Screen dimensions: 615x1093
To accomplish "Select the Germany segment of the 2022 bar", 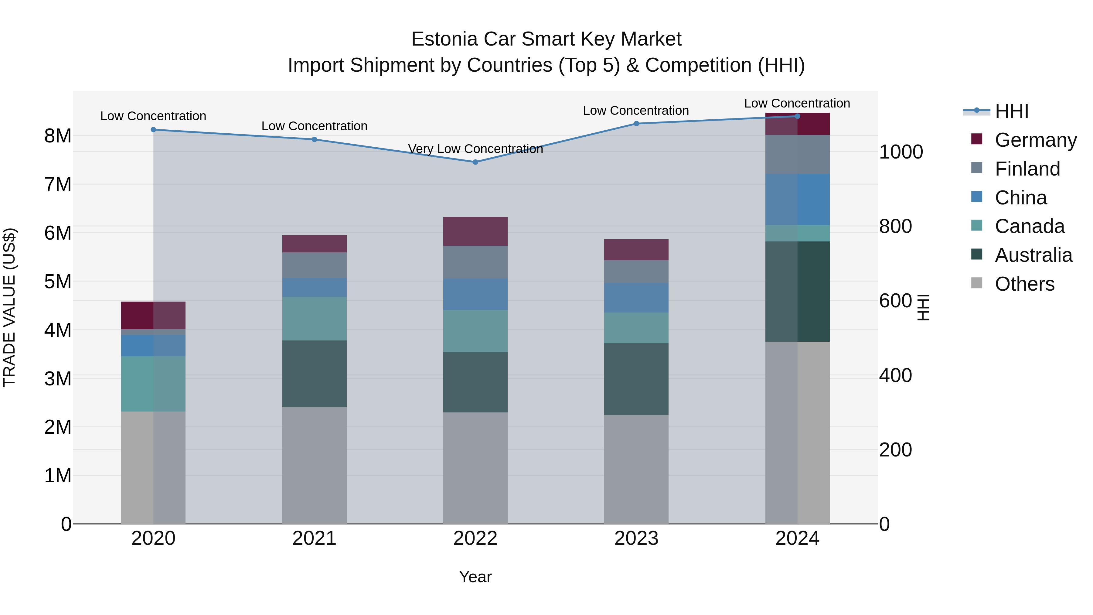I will click(475, 231).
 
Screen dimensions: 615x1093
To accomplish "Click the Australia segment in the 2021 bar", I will click(315, 374).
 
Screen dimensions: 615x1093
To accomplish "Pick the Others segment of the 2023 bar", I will click(636, 469).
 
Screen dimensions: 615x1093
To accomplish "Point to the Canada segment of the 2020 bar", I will click(153, 384).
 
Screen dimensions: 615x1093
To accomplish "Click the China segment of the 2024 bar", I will click(797, 200).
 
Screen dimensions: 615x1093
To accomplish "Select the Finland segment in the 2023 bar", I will click(636, 272).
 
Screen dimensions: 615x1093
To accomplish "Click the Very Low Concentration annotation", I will click(475, 149).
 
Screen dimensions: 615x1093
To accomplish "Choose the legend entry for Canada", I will click(1029, 226).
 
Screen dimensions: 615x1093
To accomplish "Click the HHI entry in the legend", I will click(1012, 111).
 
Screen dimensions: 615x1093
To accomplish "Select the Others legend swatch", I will click(977, 283).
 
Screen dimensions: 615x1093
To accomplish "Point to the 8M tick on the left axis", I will click(58, 136).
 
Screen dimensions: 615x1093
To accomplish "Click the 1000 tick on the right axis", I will click(901, 152).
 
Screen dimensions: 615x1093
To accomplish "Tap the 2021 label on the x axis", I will click(315, 538).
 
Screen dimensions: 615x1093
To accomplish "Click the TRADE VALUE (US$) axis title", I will click(10, 307).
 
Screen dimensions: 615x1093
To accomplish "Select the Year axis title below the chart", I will click(475, 577).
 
